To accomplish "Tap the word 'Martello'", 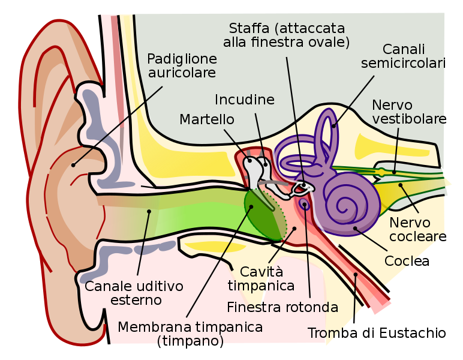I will pos(207,120).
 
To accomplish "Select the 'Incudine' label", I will pos(245,100).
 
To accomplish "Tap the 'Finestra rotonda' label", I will pos(282,307).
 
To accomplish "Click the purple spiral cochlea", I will pos(351,201).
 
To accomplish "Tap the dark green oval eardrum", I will pos(264,213).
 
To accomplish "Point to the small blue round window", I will pos(305,205).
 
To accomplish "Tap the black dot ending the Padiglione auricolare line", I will pos(74,164).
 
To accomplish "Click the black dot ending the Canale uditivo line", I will pos(149,211).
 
